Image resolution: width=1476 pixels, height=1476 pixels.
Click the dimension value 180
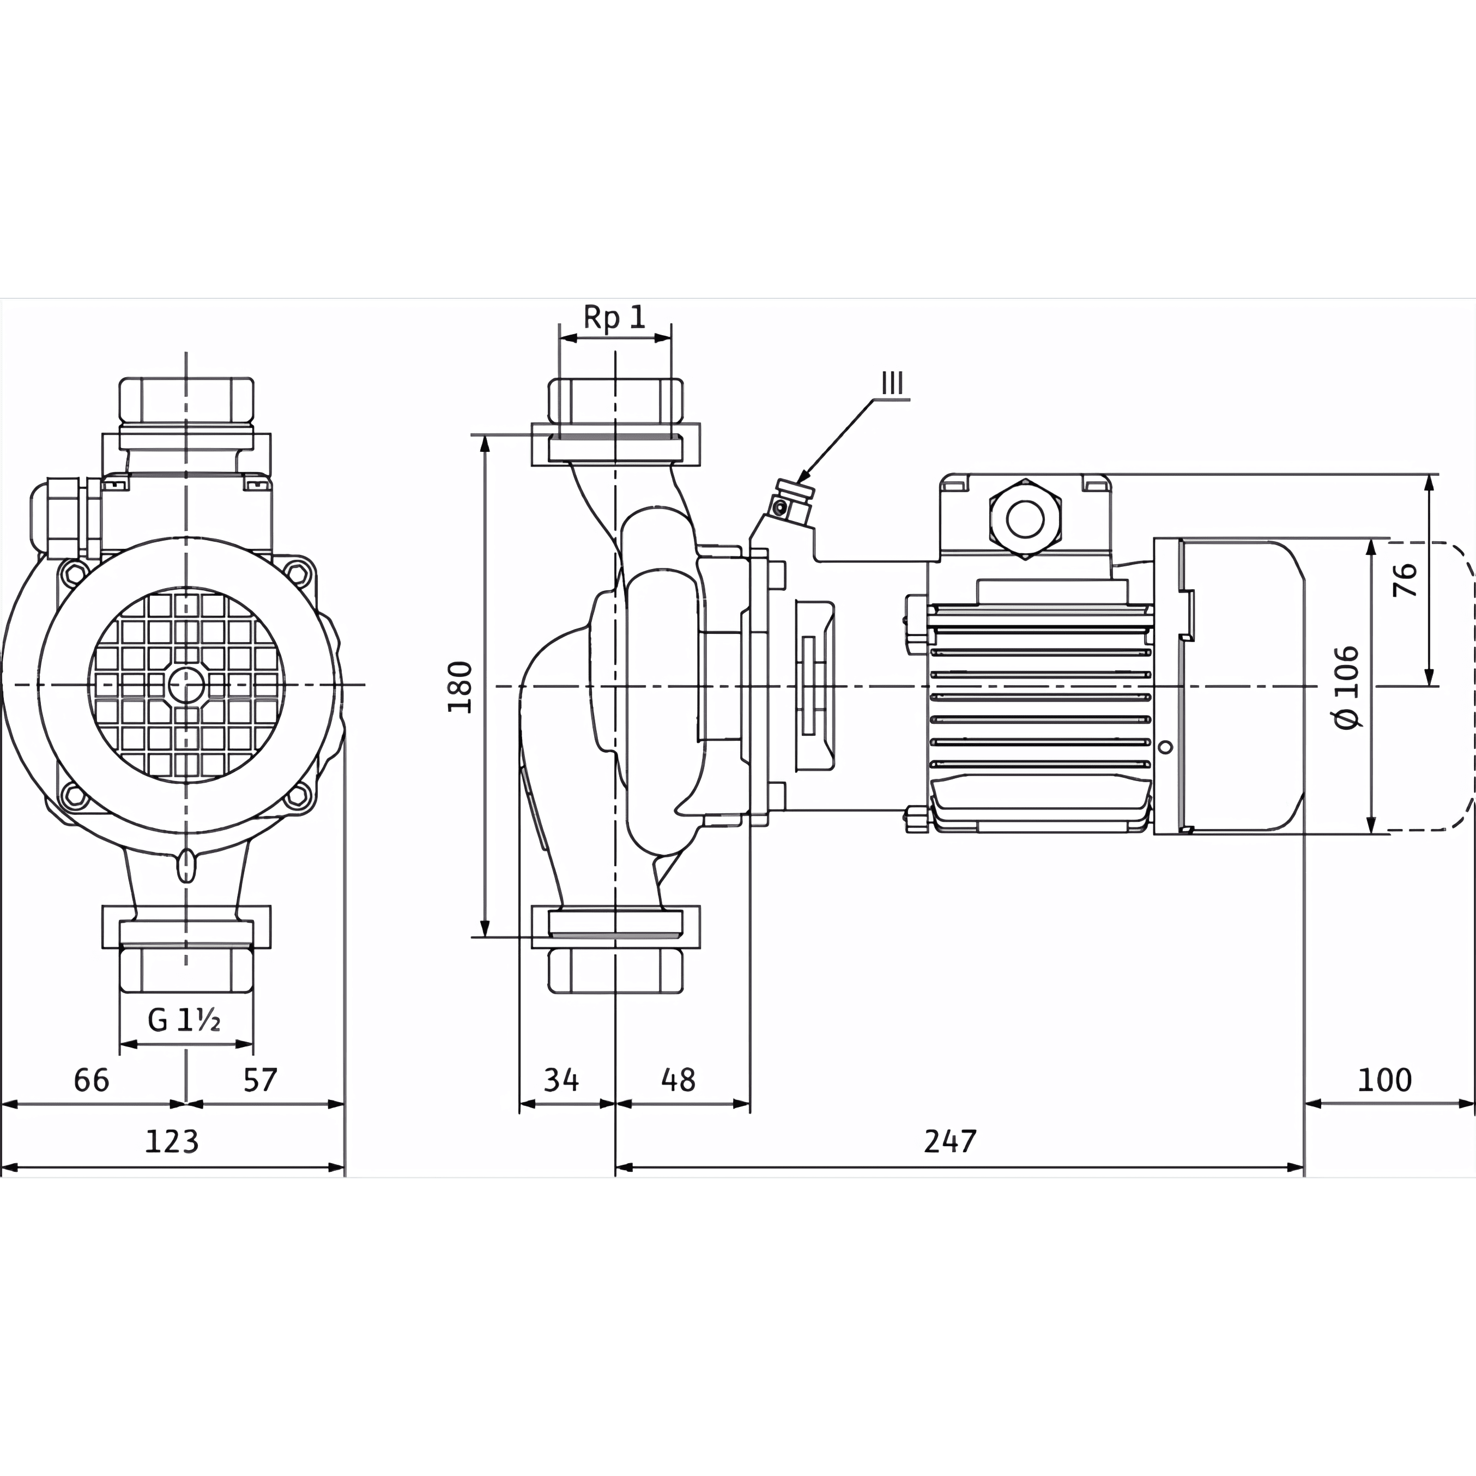pyautogui.click(x=460, y=687)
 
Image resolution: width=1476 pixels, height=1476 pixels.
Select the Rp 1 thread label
pyautogui.click(x=614, y=317)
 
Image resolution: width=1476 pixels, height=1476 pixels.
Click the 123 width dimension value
pyautogui.click(x=172, y=1141)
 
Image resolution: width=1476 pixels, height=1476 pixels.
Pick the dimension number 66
pyautogui.click(x=92, y=1080)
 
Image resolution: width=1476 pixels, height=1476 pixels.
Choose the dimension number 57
pyautogui.click(x=261, y=1080)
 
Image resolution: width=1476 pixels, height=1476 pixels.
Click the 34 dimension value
pyautogui.click(x=561, y=1080)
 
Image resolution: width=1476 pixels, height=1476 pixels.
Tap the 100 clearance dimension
pyautogui.click(x=1384, y=1080)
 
